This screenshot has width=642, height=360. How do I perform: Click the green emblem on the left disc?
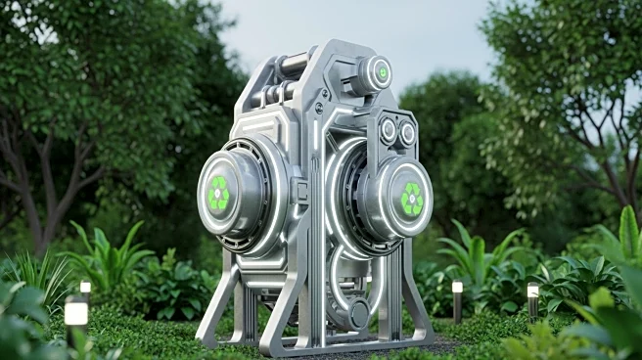click(218, 194)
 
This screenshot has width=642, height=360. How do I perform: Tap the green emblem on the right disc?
click(412, 199)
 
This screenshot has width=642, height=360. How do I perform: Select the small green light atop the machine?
click(382, 72)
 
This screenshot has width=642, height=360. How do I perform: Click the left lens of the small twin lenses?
click(389, 129)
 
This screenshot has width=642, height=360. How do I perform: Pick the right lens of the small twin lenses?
click(406, 132)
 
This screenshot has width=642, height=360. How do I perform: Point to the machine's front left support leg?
click(217, 303)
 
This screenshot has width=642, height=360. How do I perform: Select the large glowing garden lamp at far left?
click(75, 313)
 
